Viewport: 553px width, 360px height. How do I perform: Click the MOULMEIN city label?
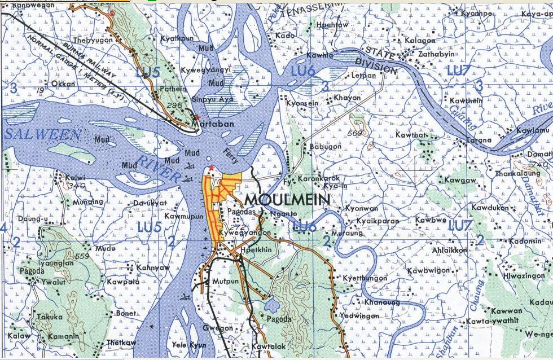[x=288, y=200]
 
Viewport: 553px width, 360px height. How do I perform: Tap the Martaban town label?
[x=205, y=122]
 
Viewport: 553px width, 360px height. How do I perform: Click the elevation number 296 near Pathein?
[x=174, y=105]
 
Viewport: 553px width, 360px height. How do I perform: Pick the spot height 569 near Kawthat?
[x=354, y=133]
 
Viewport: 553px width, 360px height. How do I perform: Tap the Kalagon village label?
[x=419, y=41]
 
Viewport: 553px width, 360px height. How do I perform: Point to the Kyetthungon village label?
[x=365, y=278]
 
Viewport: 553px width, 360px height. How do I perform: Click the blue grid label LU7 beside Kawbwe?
[x=461, y=226]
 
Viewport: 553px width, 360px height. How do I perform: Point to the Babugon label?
[x=326, y=146]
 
